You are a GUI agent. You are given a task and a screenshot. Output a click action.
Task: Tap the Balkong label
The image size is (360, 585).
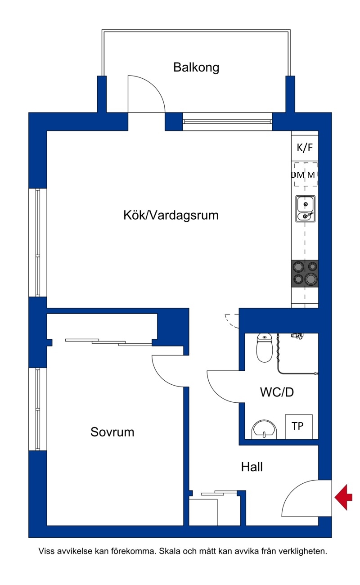pos(196,67)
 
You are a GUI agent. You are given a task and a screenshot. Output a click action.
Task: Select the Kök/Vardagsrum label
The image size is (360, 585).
pos(171,216)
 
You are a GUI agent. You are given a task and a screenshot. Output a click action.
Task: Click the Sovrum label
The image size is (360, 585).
pos(112,432)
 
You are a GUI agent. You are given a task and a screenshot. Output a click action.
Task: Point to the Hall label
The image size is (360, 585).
pos(252,467)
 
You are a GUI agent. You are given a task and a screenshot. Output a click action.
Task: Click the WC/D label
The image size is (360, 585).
pos(277,392)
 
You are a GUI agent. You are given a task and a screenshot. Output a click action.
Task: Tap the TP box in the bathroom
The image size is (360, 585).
pos(299,427)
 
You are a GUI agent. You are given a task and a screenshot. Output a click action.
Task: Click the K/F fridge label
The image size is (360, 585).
pos(305,148)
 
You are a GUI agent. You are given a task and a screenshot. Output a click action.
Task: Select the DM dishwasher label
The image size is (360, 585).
pos(298,175)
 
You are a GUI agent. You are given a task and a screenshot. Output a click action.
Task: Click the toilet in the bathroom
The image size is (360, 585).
pos(265,348)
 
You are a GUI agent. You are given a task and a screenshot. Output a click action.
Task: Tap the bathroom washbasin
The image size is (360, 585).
pos(264,429)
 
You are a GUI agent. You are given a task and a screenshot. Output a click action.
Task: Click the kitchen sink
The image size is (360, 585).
pos(305,209)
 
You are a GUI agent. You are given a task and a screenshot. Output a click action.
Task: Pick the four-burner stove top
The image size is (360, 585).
pos(305,274)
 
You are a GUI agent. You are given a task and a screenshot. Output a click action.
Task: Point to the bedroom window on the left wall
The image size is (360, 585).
pos(38,409)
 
